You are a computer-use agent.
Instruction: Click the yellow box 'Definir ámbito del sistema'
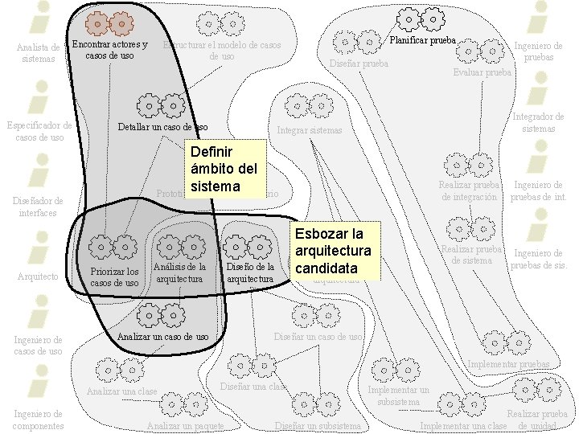pos(225,169)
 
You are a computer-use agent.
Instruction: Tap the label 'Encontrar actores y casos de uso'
pos(110,50)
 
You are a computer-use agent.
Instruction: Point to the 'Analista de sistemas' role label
pos(39,52)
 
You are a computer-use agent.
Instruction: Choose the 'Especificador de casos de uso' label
pos(39,131)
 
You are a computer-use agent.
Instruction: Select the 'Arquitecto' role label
pos(38,276)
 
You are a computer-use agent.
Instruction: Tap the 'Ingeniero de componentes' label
pos(39,420)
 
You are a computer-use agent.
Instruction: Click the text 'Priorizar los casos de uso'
pos(114,276)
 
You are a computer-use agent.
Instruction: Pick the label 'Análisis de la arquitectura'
pos(179,272)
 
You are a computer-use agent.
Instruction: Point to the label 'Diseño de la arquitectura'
pos(251,272)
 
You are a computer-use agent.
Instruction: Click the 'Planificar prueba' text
pos(423,39)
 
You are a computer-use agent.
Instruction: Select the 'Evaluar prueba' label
pos(482,72)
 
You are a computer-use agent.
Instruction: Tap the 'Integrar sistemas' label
pos(310,130)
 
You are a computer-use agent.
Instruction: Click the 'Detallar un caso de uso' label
pos(162,127)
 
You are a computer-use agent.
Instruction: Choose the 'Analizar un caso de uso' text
pos(163,336)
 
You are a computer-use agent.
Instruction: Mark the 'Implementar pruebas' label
pos(509,364)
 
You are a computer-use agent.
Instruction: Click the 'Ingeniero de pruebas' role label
pos(538,52)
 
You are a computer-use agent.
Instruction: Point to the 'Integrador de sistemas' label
pos(538,123)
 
